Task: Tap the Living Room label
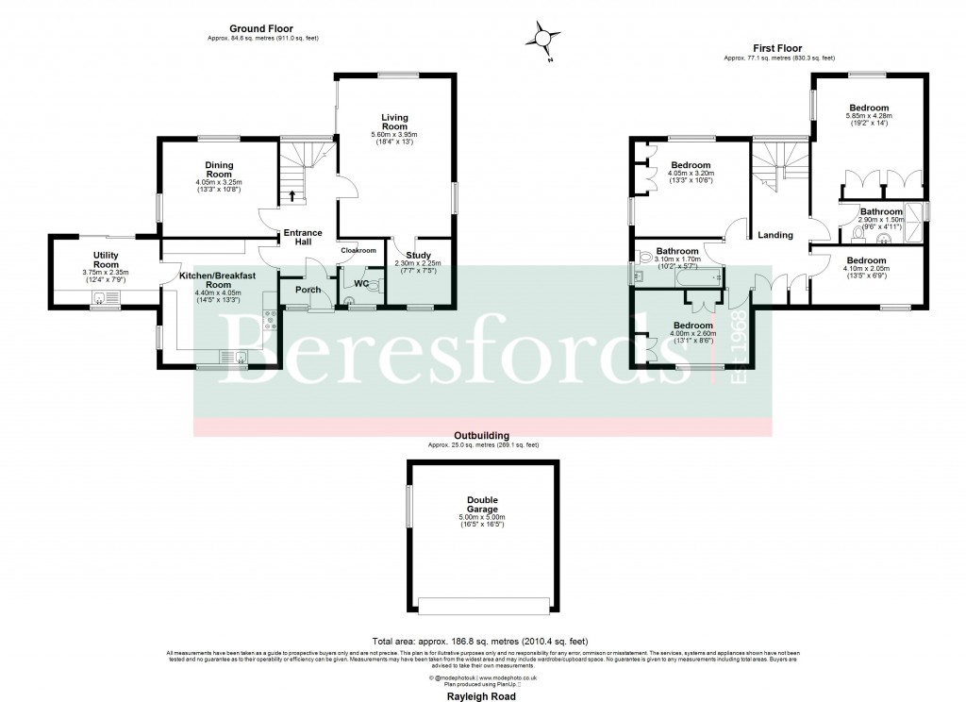pos(394,122)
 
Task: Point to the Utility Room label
pos(105,259)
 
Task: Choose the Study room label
pos(417,255)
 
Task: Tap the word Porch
pos(308,290)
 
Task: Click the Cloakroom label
pos(358,250)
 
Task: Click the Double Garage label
pos(482,505)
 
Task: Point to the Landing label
pos(775,235)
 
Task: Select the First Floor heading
pos(778,48)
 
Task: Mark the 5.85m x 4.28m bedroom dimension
pos(868,117)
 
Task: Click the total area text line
pos(482,641)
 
